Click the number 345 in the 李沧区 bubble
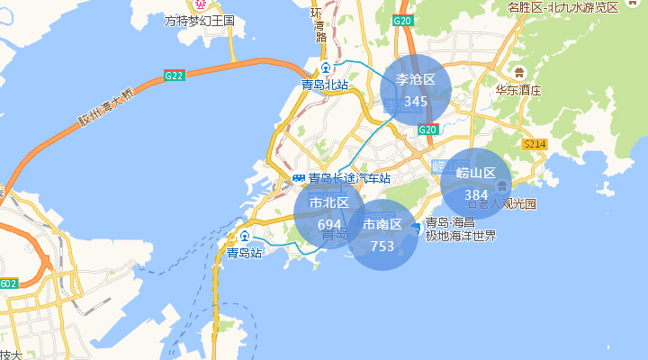tap(416, 102)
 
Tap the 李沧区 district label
tap(416, 80)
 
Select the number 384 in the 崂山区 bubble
tap(476, 194)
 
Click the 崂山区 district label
tap(476, 173)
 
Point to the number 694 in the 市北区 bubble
tap(329, 224)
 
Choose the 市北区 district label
tap(329, 202)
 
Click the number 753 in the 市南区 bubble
tap(382, 246)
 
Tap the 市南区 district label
tap(382, 224)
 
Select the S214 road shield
tap(535, 144)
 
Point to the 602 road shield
tap(8, 284)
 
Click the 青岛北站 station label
tap(325, 85)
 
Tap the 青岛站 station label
tap(244, 253)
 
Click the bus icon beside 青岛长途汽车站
tap(299, 178)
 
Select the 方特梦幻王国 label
tap(200, 20)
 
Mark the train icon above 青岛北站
tap(326, 70)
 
